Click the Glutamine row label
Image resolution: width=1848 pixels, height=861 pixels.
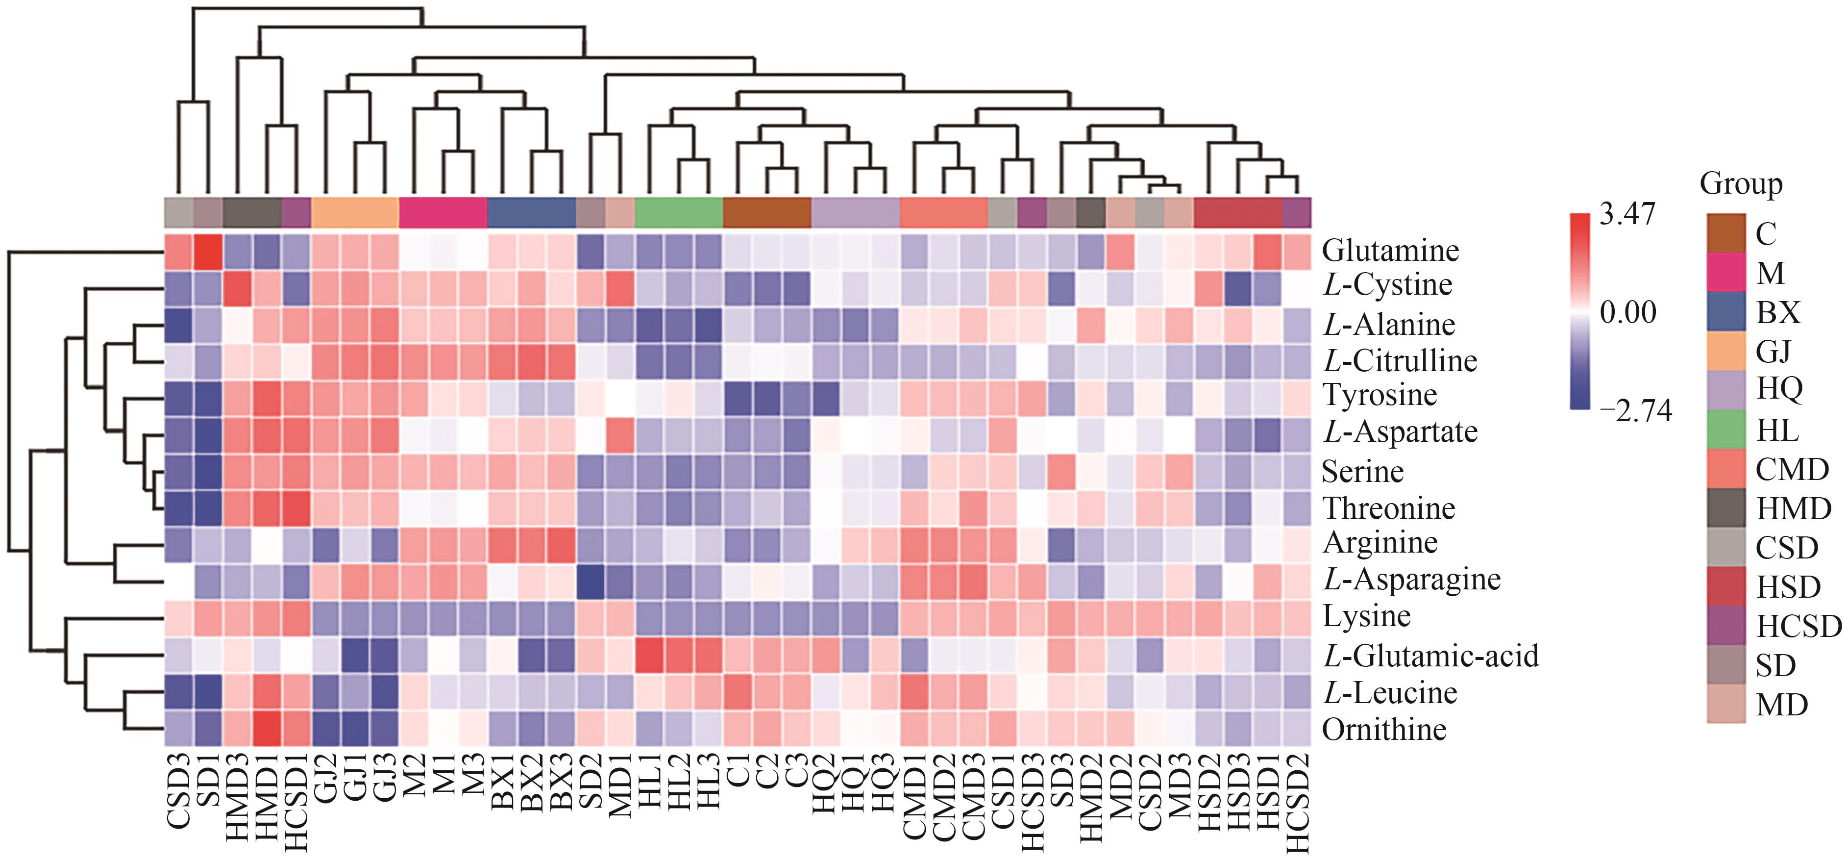(1390, 251)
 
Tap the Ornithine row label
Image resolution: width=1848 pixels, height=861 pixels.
(1384, 730)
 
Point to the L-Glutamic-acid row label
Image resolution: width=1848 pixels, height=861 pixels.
(1430, 656)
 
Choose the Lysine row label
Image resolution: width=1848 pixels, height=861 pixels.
(1366, 616)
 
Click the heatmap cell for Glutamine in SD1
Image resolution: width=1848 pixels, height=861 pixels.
(208, 251)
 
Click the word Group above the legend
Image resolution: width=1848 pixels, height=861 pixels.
(1741, 184)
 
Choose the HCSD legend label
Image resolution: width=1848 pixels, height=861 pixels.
(1799, 626)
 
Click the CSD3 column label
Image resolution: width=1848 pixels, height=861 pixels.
(179, 789)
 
